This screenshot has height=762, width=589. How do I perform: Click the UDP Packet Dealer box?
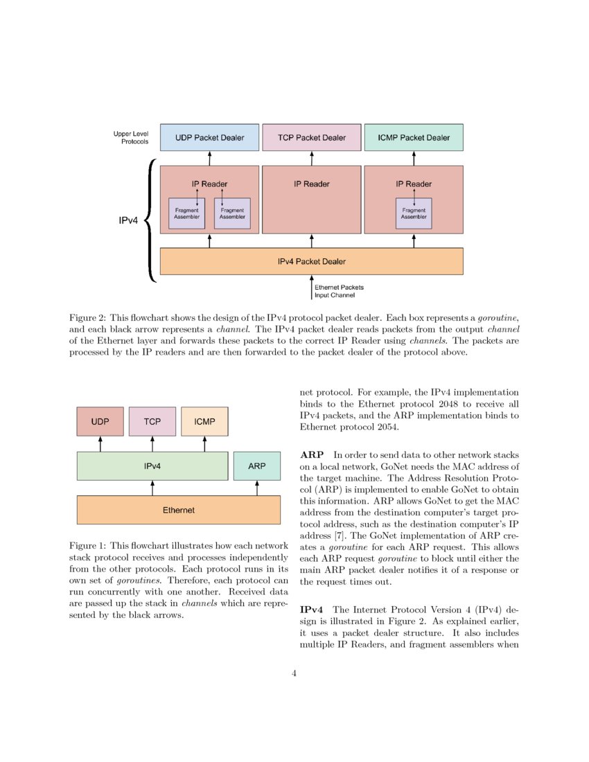[x=209, y=137]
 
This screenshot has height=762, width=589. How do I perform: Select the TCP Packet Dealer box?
[x=311, y=137]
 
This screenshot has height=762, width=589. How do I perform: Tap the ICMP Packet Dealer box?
[x=414, y=137]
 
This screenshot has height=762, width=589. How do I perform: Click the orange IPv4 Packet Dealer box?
[x=311, y=261]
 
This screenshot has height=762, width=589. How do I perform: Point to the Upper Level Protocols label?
[x=131, y=137]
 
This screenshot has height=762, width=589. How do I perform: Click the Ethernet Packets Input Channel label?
[x=339, y=291]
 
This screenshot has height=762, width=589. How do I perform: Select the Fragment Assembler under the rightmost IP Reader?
[x=414, y=213]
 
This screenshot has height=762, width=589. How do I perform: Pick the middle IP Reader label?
[x=311, y=184]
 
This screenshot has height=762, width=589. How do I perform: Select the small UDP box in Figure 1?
[x=100, y=421]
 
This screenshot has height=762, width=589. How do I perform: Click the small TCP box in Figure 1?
[x=152, y=421]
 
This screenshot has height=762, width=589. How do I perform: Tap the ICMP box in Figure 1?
[x=204, y=421]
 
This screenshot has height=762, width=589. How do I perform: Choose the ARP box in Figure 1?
[x=257, y=466]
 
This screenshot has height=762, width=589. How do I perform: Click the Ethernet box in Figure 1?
[x=178, y=510]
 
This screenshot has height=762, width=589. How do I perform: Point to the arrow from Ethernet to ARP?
[x=257, y=488]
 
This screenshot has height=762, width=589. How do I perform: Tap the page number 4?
[x=294, y=673]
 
